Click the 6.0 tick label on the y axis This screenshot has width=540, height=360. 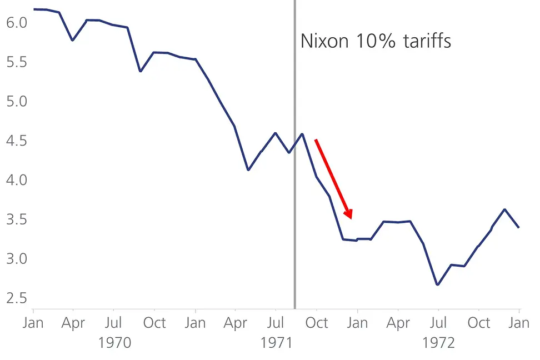coord(15,23)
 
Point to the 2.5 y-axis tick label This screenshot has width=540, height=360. coord(15,298)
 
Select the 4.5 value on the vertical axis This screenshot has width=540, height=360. coord(15,141)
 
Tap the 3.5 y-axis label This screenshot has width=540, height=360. coord(15,220)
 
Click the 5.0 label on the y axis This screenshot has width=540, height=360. coord(15,102)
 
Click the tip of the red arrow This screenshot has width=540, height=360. coord(351,218)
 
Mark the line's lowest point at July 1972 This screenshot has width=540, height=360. coord(438,285)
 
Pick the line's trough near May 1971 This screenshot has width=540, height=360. coord(248,170)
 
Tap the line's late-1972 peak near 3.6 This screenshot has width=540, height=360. coord(504,209)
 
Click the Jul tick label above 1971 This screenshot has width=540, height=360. coord(276,323)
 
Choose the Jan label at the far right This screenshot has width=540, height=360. coord(519,323)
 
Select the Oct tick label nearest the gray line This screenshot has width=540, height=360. coord(317,323)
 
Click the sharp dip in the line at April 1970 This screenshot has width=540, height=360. coord(73,41)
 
